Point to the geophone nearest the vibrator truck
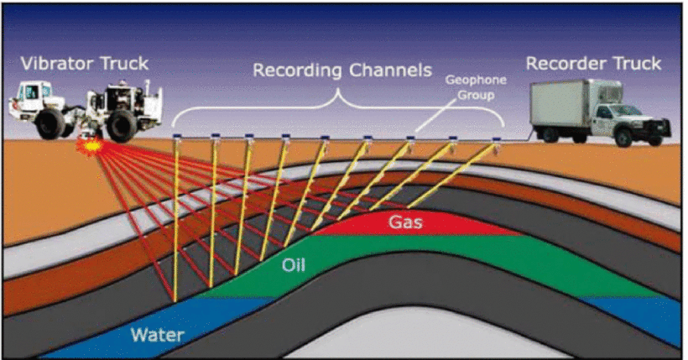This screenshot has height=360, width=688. point(175,137)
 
